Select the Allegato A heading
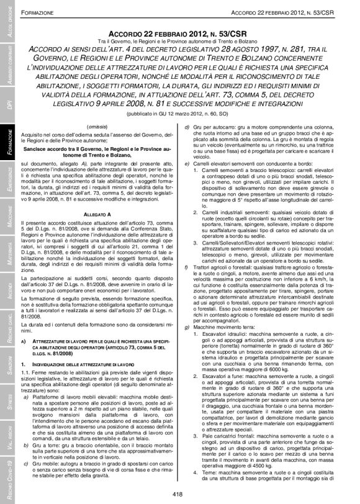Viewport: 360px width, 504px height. click(94, 213)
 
